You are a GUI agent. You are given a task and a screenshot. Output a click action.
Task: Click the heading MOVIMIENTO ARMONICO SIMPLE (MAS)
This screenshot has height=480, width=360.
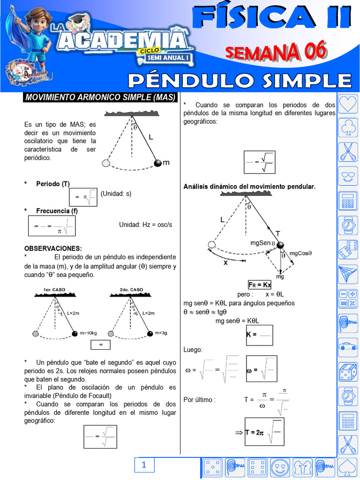100,97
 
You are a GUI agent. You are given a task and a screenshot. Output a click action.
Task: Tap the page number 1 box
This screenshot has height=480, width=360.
144,465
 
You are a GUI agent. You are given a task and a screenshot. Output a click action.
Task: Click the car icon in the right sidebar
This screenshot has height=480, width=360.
348,347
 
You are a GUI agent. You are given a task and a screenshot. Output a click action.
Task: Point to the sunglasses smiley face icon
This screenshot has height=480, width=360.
348,177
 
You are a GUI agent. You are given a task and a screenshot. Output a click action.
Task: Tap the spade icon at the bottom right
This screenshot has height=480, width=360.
348,467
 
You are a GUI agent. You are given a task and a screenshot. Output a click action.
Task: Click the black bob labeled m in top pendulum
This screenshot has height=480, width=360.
158,163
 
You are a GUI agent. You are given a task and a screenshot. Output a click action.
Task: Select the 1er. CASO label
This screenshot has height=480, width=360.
55,290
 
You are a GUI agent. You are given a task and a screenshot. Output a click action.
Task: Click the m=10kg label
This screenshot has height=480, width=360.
88,333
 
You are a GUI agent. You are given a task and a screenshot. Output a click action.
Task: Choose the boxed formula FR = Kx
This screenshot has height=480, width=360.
260,285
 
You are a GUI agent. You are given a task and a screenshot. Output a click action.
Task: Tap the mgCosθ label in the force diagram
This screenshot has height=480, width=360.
300,253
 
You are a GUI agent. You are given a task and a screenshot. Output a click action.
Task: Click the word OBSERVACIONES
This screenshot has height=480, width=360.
53,248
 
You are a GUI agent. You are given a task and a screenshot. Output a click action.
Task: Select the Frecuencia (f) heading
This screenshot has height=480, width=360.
57,211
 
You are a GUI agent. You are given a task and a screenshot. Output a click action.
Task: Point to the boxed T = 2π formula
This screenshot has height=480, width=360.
264,432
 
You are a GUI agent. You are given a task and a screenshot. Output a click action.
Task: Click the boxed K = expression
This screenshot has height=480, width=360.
259,335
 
